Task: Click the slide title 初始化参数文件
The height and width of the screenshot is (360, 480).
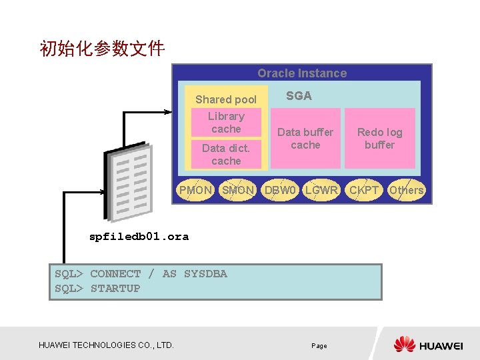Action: pyautogui.click(x=103, y=49)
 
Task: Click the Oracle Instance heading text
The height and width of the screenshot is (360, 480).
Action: pyautogui.click(x=302, y=73)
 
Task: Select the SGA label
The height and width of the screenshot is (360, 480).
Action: pyautogui.click(x=299, y=96)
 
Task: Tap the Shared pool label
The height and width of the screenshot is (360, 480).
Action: pyautogui.click(x=225, y=99)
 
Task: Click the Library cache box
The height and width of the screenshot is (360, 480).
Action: pyautogui.click(x=226, y=123)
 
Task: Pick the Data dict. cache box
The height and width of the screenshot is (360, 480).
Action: pyautogui.click(x=226, y=155)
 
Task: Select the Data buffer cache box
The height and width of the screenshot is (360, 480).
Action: pyautogui.click(x=305, y=139)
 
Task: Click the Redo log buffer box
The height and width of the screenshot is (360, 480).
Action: pyautogui.click(x=379, y=139)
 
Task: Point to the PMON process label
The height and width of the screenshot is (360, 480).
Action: pyautogui.click(x=195, y=190)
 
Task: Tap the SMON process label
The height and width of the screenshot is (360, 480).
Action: pyautogui.click(x=238, y=190)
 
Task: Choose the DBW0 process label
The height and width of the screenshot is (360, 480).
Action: pyautogui.click(x=280, y=190)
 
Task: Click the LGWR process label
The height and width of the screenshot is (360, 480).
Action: pyautogui.click(x=321, y=190)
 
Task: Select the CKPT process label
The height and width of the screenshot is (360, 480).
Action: pyautogui.click(x=364, y=190)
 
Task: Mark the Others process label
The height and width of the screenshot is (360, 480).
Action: pyautogui.click(x=406, y=190)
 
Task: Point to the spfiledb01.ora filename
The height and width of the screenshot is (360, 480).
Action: pyautogui.click(x=139, y=237)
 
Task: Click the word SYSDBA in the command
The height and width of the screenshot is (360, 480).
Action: pyautogui.click(x=205, y=274)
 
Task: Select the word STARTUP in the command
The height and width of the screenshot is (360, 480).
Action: pyautogui.click(x=115, y=289)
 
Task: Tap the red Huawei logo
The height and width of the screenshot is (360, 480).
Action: pyautogui.click(x=405, y=344)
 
